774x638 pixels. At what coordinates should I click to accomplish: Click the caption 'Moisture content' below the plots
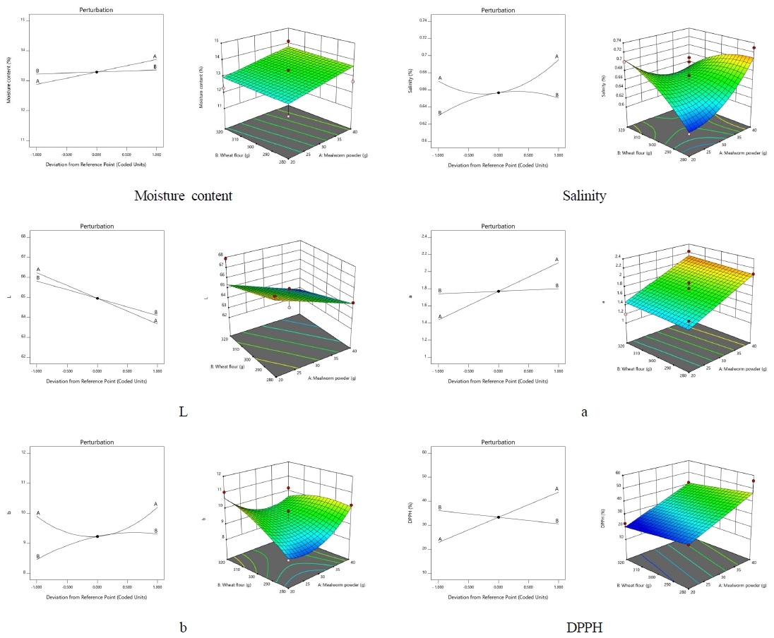coord(183,196)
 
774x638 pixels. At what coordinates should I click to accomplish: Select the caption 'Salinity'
coord(584,196)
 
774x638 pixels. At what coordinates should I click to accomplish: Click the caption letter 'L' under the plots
coord(183,411)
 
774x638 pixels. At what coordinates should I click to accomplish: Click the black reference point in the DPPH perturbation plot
coord(499,517)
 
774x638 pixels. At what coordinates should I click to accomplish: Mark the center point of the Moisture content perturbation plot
coord(97,72)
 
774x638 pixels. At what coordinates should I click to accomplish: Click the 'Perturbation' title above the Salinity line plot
coord(498,11)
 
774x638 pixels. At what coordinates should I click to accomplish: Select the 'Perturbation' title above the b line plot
coord(97,443)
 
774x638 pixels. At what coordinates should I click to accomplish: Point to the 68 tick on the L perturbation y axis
coord(24,236)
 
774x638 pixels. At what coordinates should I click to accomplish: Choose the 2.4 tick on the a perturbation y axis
coord(426,236)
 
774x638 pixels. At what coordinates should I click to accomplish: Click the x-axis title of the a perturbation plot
coord(498,381)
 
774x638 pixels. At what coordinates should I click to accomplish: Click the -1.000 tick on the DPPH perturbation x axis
coord(439,586)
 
